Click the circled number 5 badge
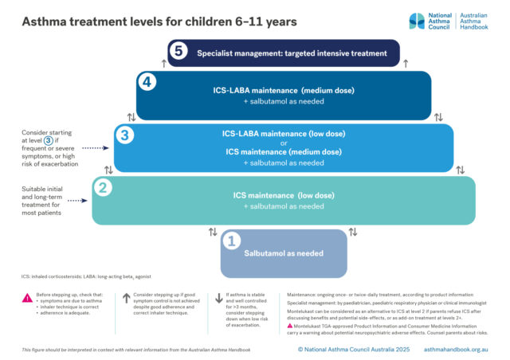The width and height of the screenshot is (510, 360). [x=180, y=52]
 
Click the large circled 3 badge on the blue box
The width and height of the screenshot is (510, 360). [x=124, y=135]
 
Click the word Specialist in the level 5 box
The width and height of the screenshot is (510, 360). [x=220, y=53]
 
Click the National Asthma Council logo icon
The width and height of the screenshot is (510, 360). [x=421, y=22]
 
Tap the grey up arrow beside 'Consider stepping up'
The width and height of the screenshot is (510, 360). [x=125, y=299]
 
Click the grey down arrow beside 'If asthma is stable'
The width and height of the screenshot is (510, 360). [x=219, y=299]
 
